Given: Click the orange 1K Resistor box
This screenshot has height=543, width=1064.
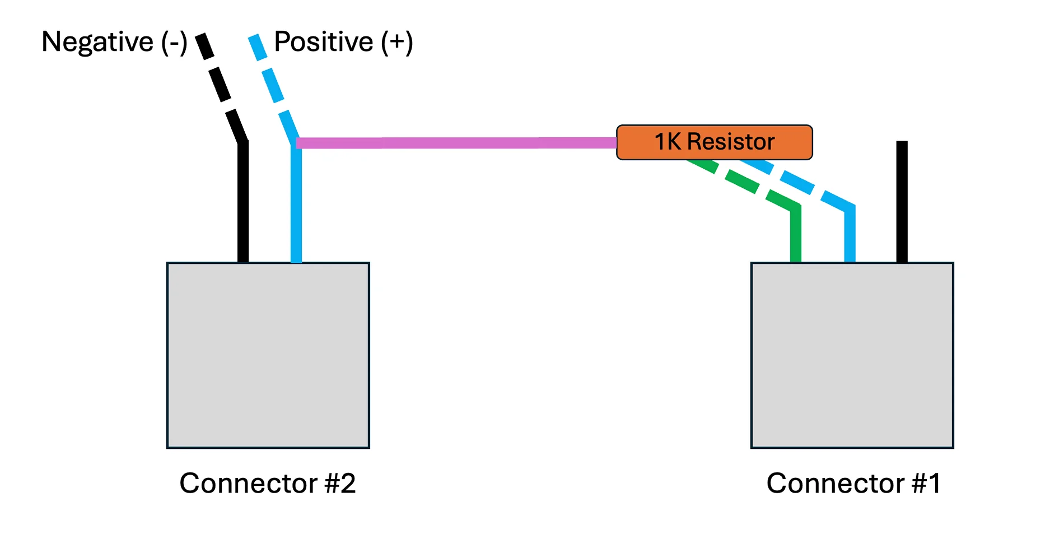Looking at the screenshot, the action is coord(714,142).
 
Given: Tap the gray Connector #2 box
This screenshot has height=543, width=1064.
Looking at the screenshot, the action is coord(268,355).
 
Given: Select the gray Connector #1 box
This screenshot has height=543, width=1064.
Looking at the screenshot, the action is coord(852,355).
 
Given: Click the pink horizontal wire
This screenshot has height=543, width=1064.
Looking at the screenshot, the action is coord(456,143).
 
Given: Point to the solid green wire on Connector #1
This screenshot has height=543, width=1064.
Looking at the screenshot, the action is coord(795,234).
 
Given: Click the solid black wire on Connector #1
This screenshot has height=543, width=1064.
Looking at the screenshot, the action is coord(902,202).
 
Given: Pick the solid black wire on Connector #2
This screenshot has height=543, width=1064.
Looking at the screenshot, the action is coord(243,202).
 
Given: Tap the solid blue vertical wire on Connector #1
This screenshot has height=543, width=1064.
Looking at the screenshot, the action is coord(850,234).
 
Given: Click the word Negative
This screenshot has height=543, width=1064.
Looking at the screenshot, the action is coord(97,42).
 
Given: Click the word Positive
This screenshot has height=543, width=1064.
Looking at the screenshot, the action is coord(324,42).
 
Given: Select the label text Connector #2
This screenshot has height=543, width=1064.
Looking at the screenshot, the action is coord(268,483).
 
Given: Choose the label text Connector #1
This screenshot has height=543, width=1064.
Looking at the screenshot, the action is coord(853,483).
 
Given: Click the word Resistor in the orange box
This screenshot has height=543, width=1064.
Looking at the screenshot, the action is coord(731,142).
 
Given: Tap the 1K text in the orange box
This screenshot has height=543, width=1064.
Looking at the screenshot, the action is coord(668,142).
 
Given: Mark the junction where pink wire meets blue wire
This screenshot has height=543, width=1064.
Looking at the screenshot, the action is coord(296,143).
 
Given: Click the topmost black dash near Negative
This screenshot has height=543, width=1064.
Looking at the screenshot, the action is coord(204,46).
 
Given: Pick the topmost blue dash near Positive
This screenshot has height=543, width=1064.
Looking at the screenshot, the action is coord(258,47).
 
